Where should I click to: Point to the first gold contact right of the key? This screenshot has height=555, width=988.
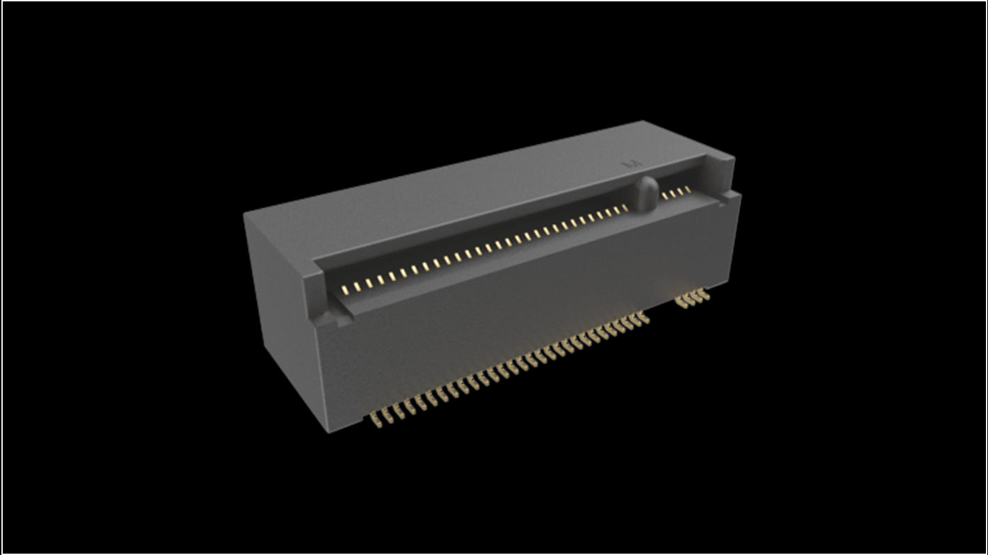pos(664,195)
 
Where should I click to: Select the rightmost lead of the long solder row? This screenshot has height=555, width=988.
pos(644,318)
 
